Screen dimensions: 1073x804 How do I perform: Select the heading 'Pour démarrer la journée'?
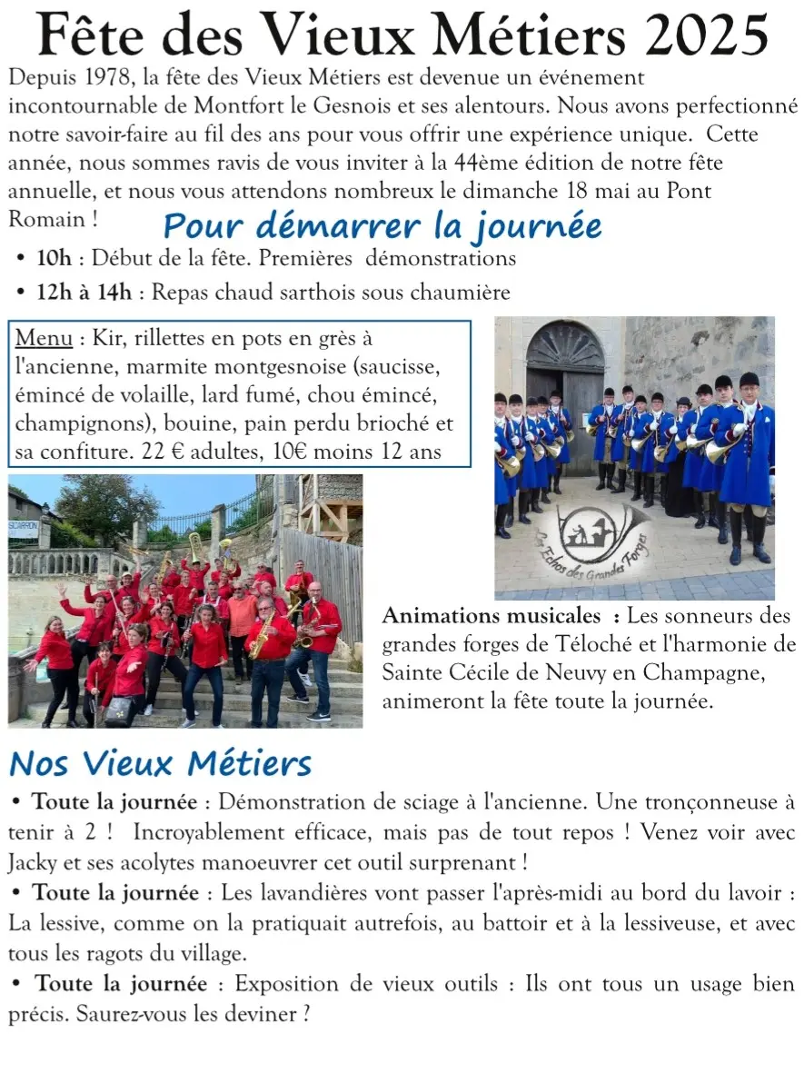coord(382,224)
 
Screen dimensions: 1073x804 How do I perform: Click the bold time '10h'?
coord(54,258)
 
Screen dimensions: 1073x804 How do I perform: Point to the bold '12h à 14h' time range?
coord(84,293)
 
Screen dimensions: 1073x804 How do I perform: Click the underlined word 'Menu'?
coord(44,339)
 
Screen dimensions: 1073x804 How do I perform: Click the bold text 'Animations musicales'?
coord(491,616)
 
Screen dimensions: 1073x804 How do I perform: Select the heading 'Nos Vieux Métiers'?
coord(161,763)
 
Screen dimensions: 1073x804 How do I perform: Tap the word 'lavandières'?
coord(303,893)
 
